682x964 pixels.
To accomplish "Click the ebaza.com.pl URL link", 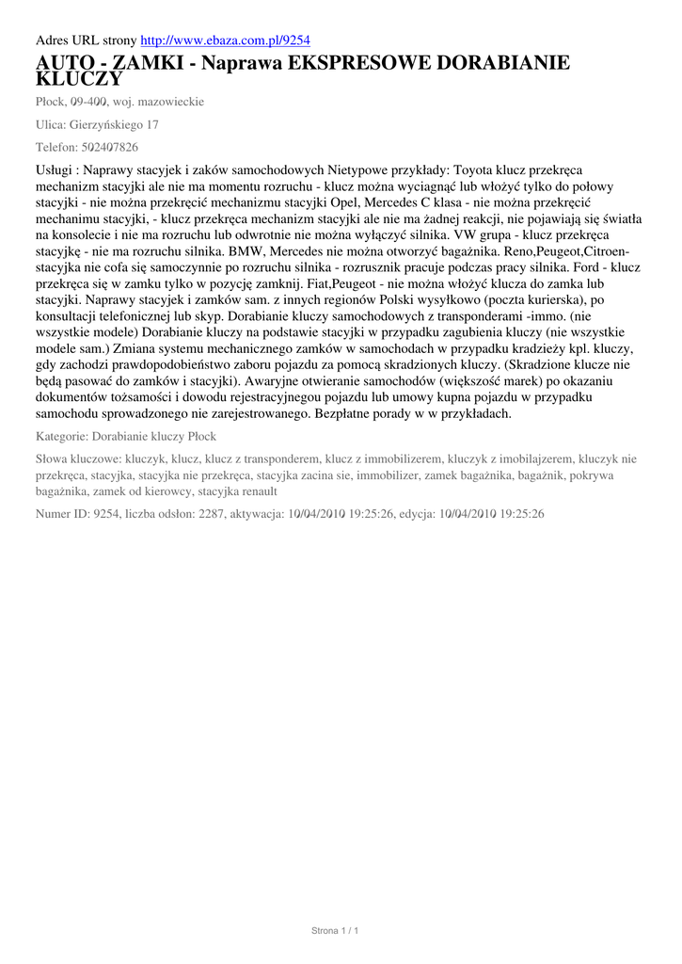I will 225,40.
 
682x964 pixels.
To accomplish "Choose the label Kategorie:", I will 62,437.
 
